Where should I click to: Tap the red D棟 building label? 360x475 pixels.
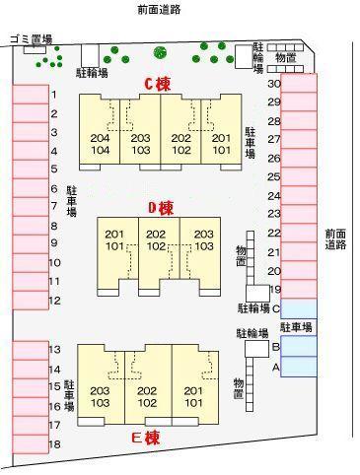click(x=161, y=208)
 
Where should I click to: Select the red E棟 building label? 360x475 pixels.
click(x=146, y=437)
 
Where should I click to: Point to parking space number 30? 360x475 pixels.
click(x=299, y=84)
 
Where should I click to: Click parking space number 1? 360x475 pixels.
click(x=31, y=95)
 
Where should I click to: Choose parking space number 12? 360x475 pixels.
click(x=31, y=300)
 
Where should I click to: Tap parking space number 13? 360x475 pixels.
click(x=31, y=350)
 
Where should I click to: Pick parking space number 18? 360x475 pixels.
click(x=31, y=444)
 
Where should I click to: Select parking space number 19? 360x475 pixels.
click(x=299, y=290)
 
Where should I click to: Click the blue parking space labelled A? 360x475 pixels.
click(x=299, y=367)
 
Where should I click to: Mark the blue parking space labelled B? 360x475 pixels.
click(x=299, y=347)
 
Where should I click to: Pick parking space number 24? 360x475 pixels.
click(x=299, y=195)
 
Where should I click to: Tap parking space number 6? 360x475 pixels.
click(x=31, y=188)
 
